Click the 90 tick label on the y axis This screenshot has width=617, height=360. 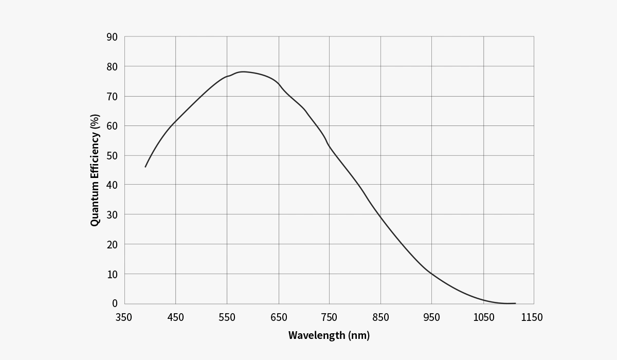click(112, 37)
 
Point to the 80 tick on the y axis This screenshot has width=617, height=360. click(112, 67)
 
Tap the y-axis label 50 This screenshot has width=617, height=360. click(112, 156)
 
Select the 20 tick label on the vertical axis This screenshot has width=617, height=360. click(112, 245)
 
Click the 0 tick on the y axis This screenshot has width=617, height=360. click(115, 303)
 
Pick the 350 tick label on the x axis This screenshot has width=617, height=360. click(123, 317)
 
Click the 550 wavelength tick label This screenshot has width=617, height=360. click(227, 317)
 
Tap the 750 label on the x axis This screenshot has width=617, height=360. click(329, 317)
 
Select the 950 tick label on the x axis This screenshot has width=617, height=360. click(431, 317)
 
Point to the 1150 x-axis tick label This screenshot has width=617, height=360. click(532, 317)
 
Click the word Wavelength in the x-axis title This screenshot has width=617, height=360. click(317, 335)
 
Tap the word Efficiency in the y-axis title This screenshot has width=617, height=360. click(95, 156)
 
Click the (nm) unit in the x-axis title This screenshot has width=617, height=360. click(359, 335)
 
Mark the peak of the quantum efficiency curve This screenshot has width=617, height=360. click(243, 72)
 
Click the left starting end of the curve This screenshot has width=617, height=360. click(145, 167)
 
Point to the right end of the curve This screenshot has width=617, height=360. click(515, 303)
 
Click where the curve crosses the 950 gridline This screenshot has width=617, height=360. click(431, 274)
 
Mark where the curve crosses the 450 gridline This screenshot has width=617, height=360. click(175, 121)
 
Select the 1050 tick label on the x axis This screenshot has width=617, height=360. click(484, 317)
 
